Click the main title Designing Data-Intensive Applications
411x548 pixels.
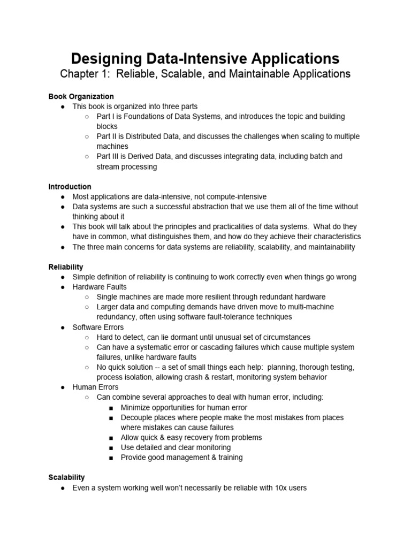(205, 58)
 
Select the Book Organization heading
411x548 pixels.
(81, 97)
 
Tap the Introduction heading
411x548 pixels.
(70, 187)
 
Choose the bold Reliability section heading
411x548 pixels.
(66, 267)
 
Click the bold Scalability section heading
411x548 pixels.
(66, 477)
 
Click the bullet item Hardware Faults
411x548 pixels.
(100, 287)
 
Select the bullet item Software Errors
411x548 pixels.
(98, 327)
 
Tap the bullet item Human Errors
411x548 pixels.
(95, 387)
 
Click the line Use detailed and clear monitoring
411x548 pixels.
(176, 447)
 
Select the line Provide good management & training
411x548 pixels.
(181, 458)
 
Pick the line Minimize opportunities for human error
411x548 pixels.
(184, 407)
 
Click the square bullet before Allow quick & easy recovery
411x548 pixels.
(111, 438)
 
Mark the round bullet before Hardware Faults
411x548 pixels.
(63, 287)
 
